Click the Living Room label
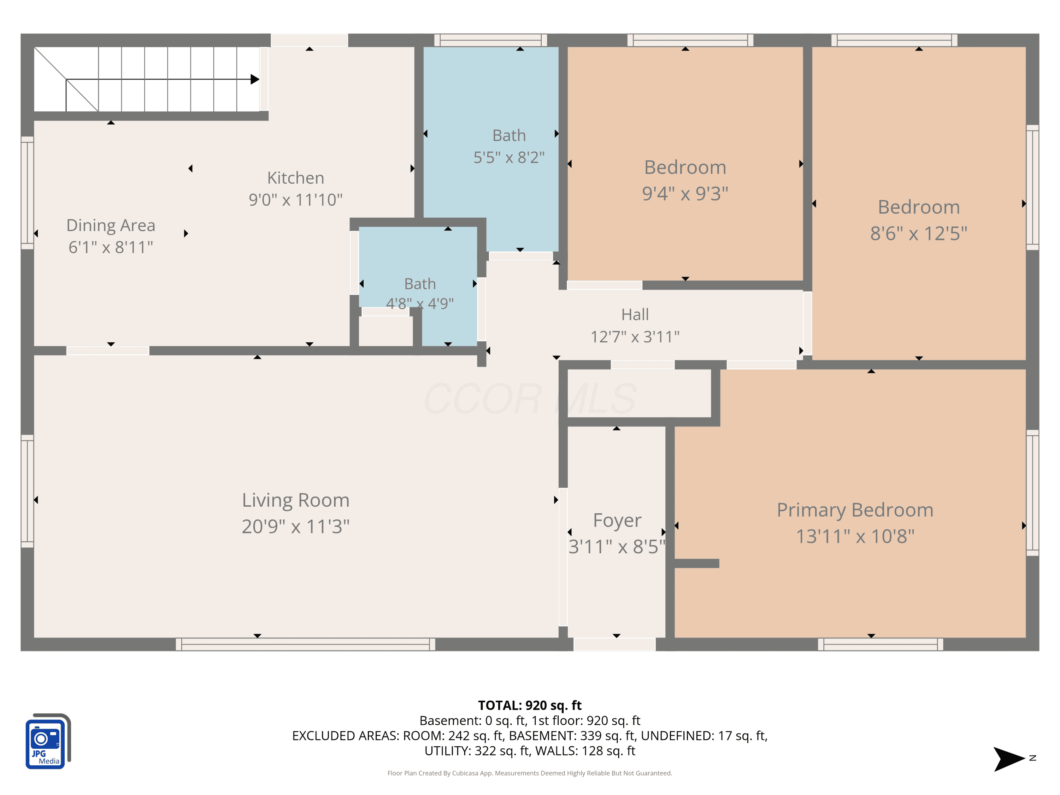click(296, 500)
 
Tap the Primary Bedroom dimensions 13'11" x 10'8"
click(855, 536)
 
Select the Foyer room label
click(617, 521)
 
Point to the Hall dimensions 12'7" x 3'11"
click(635, 337)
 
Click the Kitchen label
click(296, 178)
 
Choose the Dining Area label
click(111, 225)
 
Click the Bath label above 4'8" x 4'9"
click(420, 284)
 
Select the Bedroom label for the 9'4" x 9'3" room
click(685, 167)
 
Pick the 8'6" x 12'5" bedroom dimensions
click(919, 233)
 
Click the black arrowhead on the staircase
click(255, 79)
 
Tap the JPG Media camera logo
click(48, 741)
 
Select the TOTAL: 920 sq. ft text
click(530, 705)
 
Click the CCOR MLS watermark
click(530, 399)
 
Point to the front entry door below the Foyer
click(614, 644)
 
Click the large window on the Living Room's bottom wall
click(305, 644)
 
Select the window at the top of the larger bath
click(491, 40)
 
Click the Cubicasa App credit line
click(530, 773)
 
